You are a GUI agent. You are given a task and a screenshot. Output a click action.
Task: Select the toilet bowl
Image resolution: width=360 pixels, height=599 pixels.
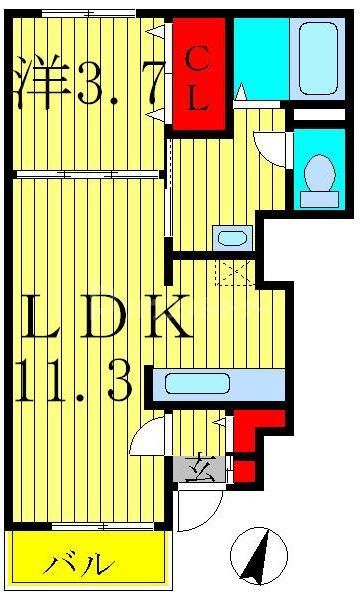319,173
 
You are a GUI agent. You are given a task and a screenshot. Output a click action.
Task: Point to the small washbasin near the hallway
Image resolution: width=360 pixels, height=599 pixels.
232,238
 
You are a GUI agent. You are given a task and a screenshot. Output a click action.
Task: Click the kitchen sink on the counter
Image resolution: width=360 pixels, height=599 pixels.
197,383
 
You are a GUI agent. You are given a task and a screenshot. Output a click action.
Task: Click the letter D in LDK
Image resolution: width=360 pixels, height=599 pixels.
101,319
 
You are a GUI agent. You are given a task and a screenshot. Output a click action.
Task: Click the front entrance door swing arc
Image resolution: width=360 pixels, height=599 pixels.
188,511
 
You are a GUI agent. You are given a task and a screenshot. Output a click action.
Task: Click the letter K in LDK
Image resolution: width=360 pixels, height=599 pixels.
165,319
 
